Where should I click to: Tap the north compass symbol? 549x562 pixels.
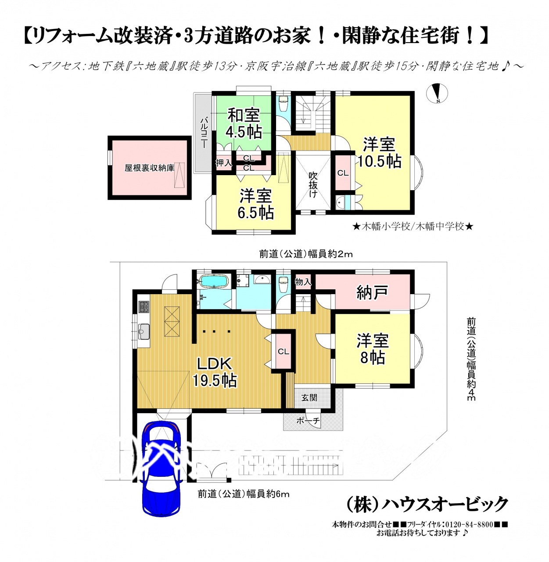point(437,93)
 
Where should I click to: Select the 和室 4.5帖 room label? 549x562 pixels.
point(244,123)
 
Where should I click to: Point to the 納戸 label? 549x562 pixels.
point(372,293)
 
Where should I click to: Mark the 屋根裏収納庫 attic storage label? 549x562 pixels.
point(149,168)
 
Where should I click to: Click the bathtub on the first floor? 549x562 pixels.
point(214,281)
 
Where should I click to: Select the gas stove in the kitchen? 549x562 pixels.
point(144,307)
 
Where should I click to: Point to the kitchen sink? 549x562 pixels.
point(144,331)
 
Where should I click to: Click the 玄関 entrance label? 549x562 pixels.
point(309,397)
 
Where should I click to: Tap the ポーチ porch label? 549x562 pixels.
point(308,421)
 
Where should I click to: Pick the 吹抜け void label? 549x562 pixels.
point(313,184)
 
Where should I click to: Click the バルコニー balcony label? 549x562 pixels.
point(204,133)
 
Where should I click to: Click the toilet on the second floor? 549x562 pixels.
point(283,104)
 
